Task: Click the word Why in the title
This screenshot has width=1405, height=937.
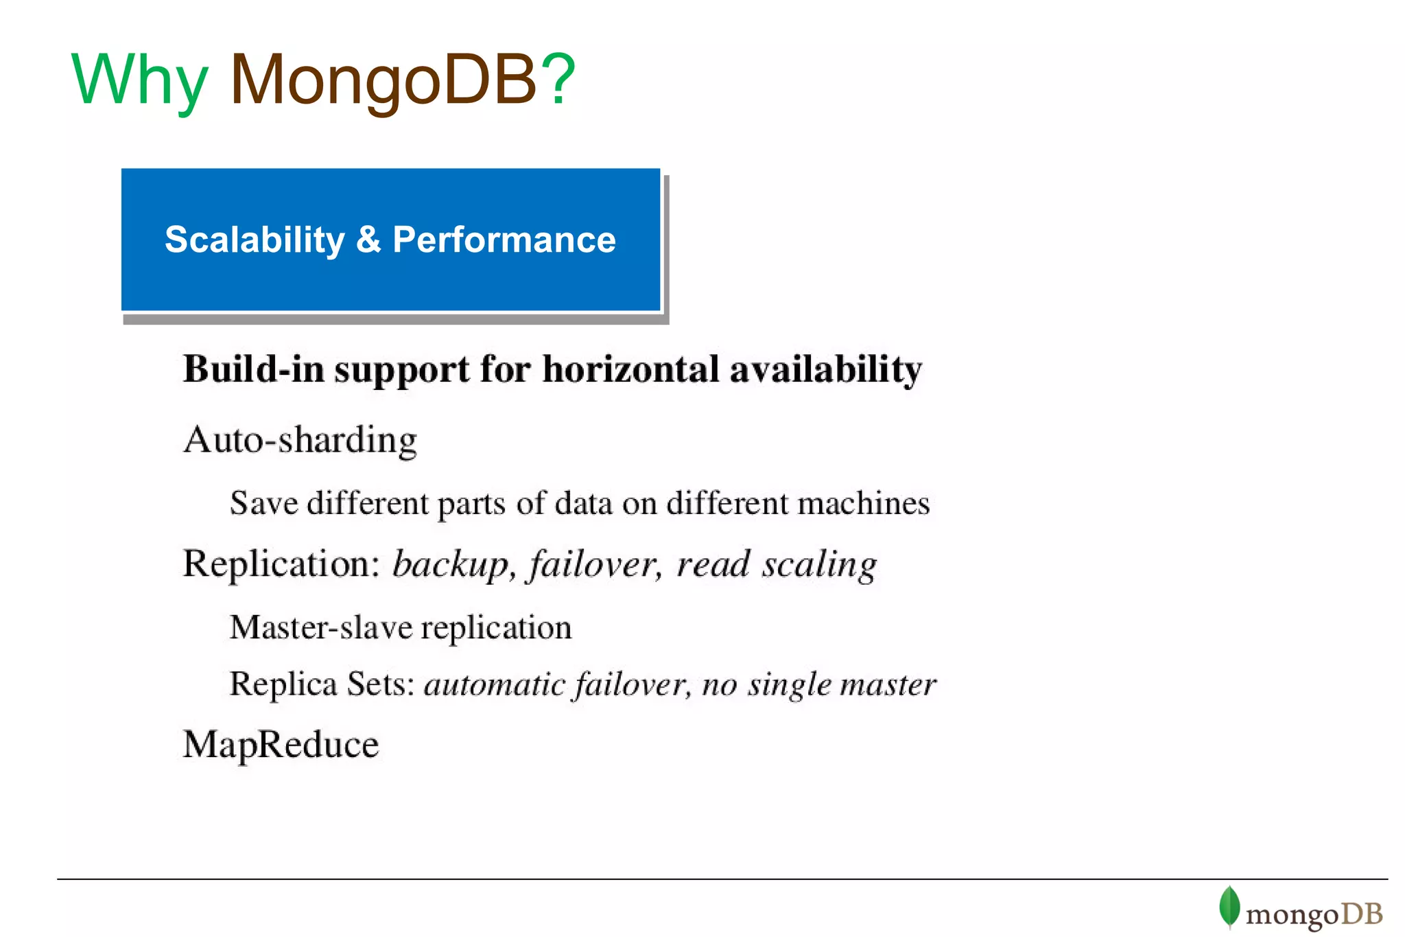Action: click(x=139, y=81)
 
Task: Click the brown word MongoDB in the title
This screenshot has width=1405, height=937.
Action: click(x=383, y=81)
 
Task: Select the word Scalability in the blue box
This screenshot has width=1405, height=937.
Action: click(x=255, y=240)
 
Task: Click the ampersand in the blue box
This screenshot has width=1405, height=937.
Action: click(x=368, y=240)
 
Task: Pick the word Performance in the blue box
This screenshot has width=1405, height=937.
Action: click(x=504, y=240)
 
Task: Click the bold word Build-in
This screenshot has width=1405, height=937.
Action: click(x=253, y=369)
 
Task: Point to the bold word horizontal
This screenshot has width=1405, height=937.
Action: click(x=630, y=369)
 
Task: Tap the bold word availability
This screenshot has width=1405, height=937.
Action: click(x=826, y=369)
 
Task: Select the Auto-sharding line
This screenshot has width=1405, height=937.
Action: click(x=300, y=440)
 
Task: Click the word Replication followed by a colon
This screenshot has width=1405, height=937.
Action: click(x=281, y=564)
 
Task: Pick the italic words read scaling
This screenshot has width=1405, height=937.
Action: click(x=777, y=565)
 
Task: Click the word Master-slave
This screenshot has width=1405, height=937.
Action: click(x=321, y=627)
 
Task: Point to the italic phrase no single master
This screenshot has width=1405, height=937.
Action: click(x=819, y=684)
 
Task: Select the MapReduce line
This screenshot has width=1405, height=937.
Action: click(x=281, y=745)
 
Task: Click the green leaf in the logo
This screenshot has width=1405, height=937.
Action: click(x=1229, y=906)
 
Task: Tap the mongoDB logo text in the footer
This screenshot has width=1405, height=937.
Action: click(x=1314, y=914)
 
